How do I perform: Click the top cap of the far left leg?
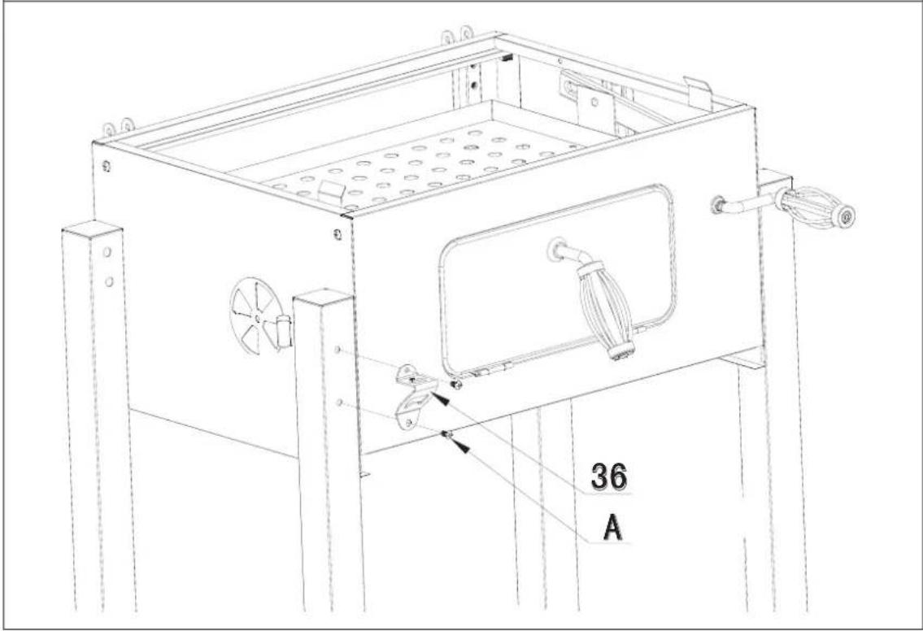tap(92, 228)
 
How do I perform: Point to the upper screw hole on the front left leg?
tap(337, 351)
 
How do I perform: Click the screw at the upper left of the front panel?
tap(337, 236)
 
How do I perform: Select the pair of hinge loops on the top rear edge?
tap(456, 35)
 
